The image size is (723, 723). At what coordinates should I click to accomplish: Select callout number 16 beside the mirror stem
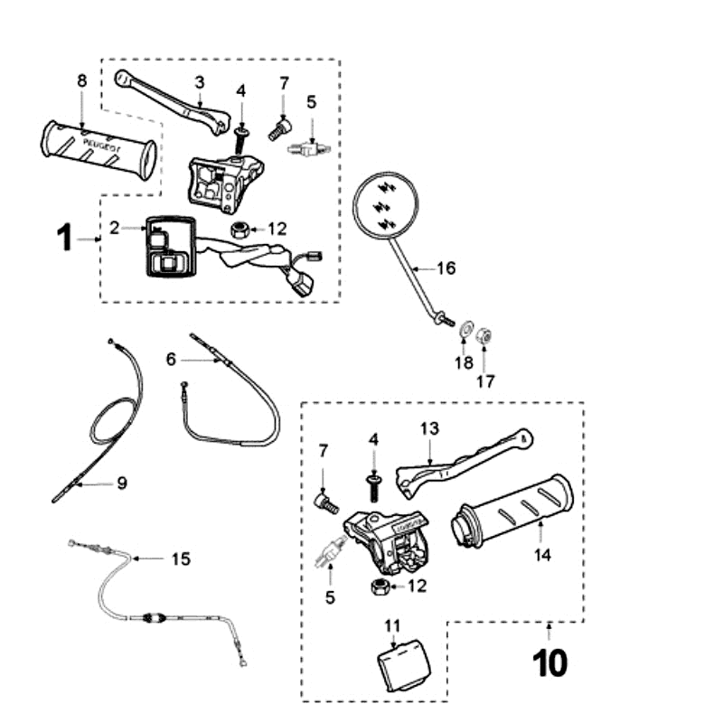click(x=446, y=268)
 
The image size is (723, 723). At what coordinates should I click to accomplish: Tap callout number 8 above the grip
click(x=81, y=80)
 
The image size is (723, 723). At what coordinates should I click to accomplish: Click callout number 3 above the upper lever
click(x=200, y=82)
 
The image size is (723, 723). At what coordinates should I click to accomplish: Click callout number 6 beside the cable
click(x=171, y=359)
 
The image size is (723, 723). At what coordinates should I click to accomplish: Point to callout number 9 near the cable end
click(x=122, y=483)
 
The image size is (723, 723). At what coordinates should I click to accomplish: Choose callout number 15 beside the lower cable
click(x=181, y=559)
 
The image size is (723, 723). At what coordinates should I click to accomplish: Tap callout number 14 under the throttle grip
click(x=541, y=556)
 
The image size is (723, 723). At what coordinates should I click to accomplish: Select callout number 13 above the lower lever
click(x=428, y=427)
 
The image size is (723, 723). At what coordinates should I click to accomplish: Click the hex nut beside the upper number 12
click(x=240, y=228)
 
